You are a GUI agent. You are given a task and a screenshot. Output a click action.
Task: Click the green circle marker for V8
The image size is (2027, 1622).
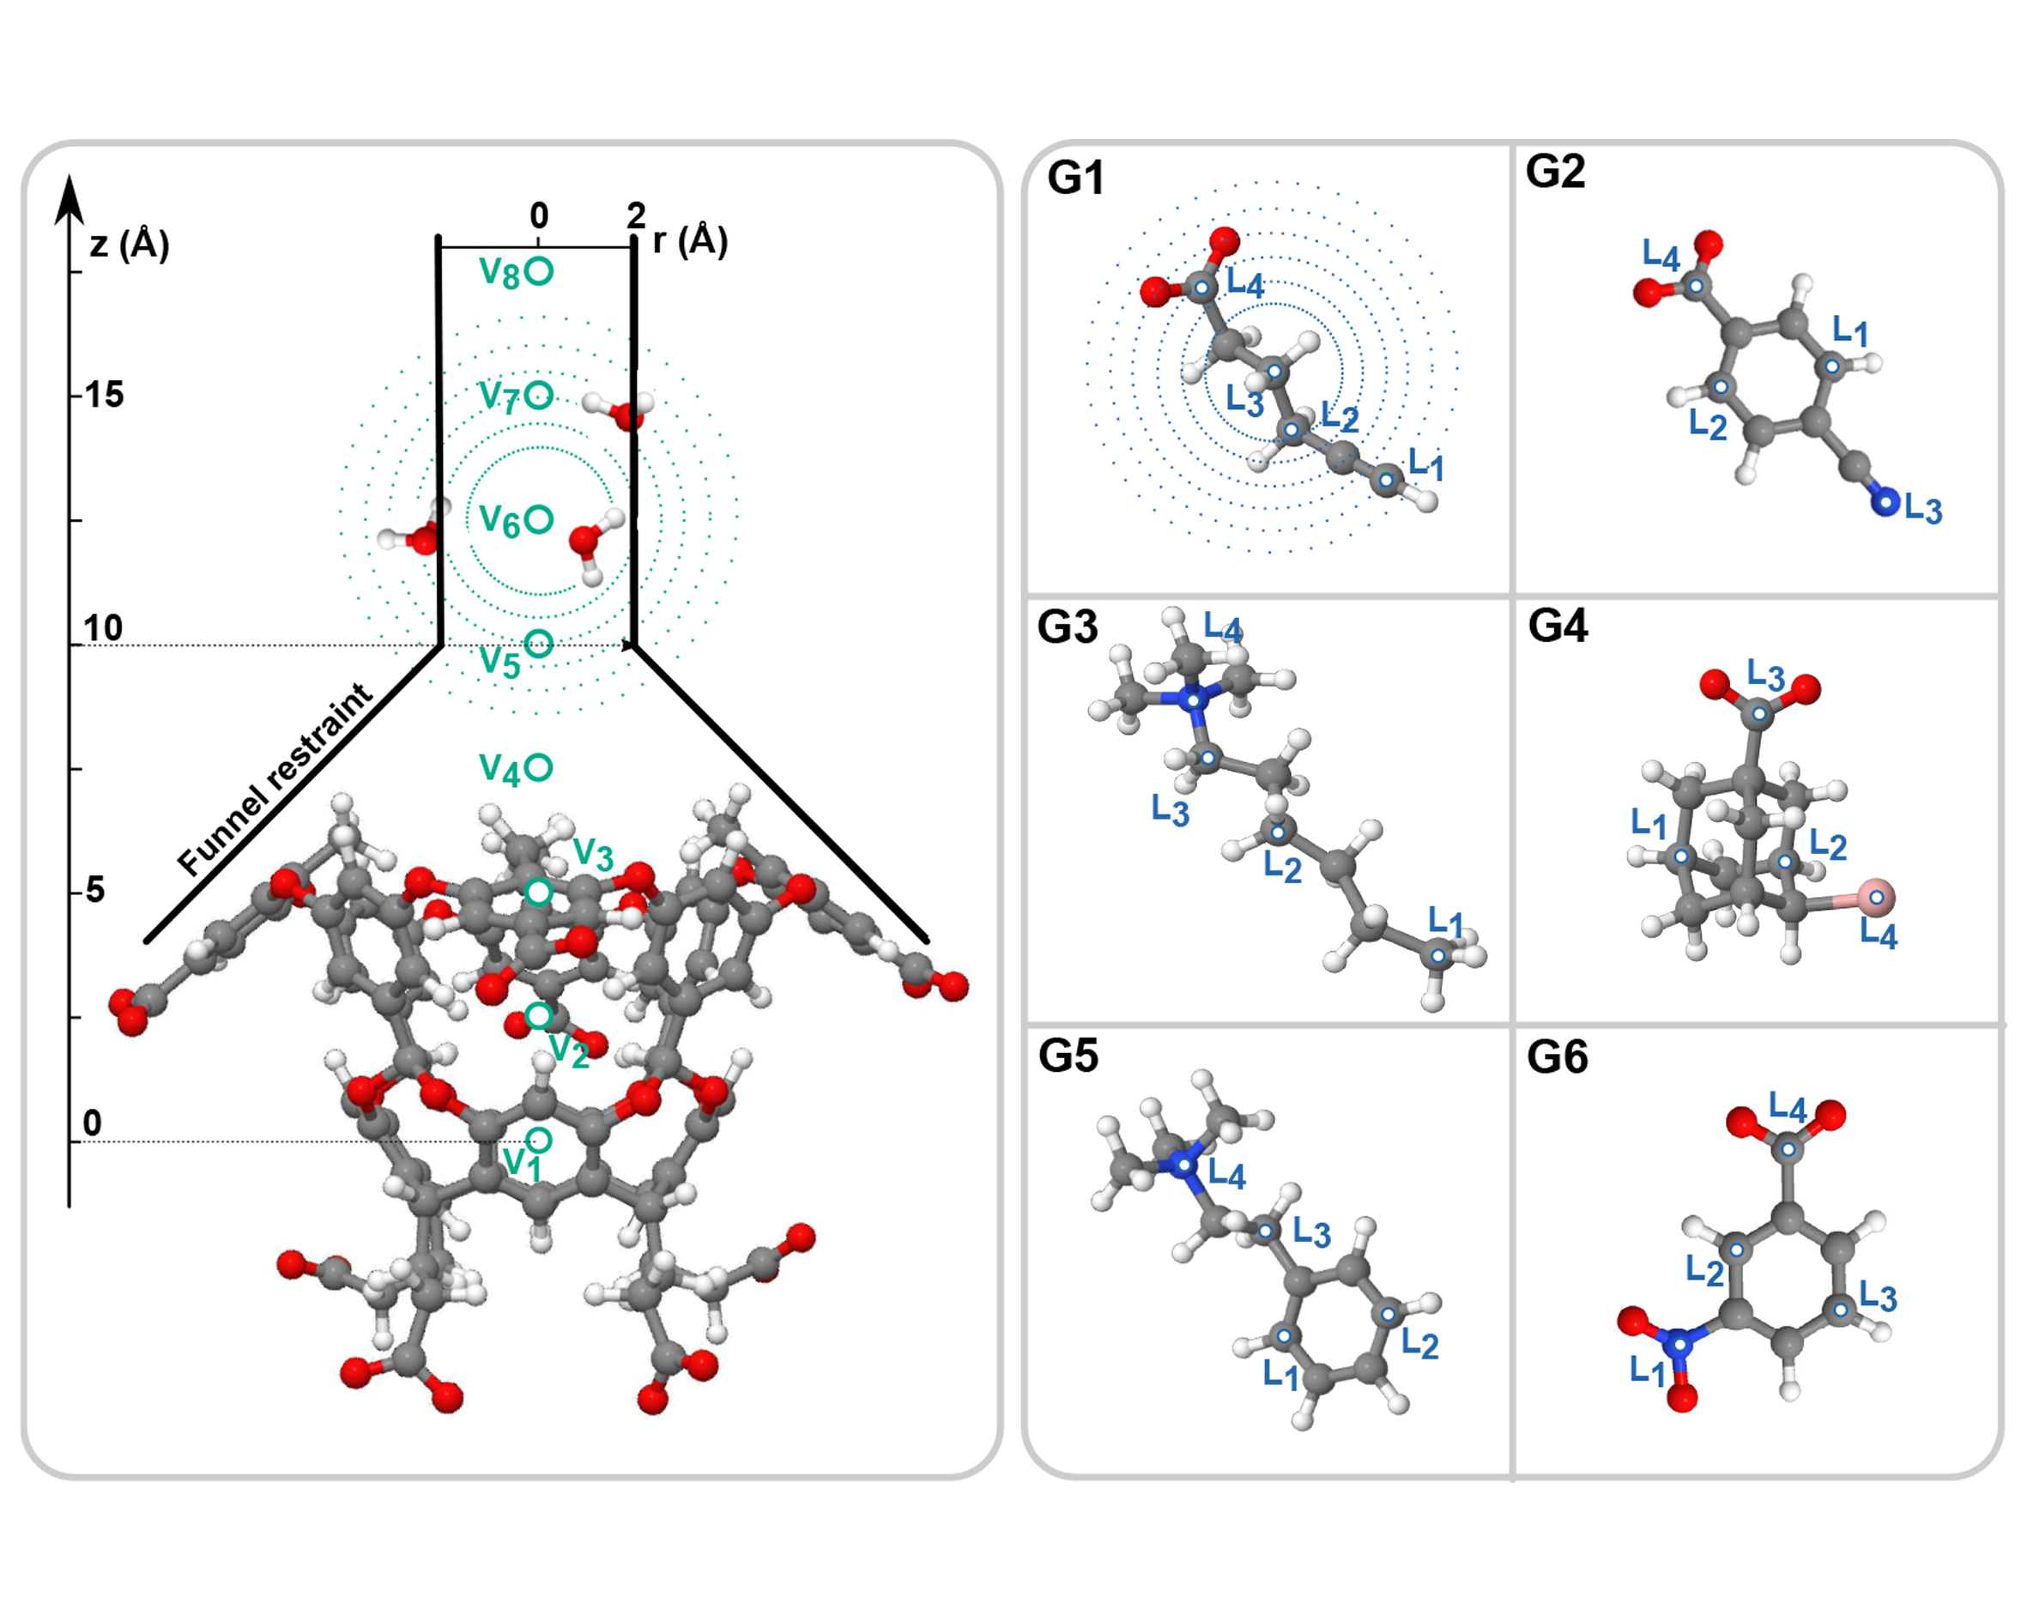click(539, 272)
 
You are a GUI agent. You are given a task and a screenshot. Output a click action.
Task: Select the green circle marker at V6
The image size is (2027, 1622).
click(539, 519)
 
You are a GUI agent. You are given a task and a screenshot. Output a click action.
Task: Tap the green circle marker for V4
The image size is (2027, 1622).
click(539, 767)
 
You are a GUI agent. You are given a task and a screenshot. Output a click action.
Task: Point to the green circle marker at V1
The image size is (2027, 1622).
click(538, 1141)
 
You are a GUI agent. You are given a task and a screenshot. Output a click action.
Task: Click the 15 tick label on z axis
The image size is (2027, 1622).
click(105, 395)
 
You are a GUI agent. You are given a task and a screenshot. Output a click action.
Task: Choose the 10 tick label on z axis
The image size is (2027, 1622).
click(104, 628)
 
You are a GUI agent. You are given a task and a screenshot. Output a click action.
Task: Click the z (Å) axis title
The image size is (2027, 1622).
click(130, 245)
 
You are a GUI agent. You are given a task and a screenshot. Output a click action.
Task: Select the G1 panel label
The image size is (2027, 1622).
click(1075, 179)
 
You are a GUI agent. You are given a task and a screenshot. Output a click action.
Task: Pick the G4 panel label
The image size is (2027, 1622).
click(1558, 626)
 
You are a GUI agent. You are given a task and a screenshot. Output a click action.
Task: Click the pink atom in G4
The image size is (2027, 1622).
click(1876, 898)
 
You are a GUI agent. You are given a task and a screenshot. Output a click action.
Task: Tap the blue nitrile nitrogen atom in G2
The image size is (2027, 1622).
click(1883, 502)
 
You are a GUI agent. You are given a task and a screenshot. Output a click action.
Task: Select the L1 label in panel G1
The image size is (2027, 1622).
click(1425, 464)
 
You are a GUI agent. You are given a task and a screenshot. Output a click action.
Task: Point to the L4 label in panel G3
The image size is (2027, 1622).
click(1223, 628)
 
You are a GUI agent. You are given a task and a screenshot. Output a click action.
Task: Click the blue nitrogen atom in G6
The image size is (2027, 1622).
click(1679, 1344)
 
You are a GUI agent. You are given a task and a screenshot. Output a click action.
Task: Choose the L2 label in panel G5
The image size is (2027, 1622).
click(1419, 1345)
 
